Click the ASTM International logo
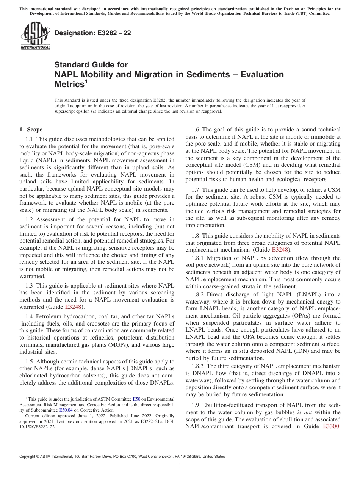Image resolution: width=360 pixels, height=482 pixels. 35,36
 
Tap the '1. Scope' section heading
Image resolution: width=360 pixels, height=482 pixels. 31,130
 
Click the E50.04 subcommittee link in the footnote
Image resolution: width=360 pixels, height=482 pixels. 66,410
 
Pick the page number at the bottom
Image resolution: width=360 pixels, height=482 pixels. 180,466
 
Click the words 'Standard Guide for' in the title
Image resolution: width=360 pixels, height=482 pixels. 91,65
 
